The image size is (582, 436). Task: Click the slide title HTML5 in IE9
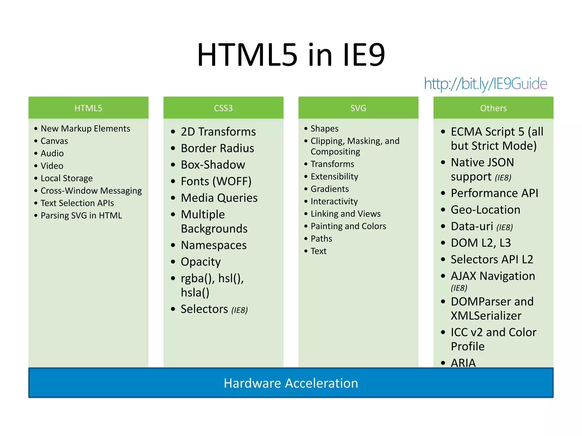coord(291,55)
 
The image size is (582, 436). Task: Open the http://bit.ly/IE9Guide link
coord(485,84)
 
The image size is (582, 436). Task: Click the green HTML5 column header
coord(88,108)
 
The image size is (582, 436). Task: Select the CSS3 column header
coord(223,108)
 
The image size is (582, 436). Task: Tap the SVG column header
coord(358,108)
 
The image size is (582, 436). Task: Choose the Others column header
coord(493,108)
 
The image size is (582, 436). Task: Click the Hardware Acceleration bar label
coord(291,383)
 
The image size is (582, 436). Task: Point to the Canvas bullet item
coord(54,141)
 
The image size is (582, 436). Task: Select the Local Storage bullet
coord(66,178)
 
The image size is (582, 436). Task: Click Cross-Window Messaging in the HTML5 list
coord(91,191)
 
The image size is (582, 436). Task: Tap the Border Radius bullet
coord(217,148)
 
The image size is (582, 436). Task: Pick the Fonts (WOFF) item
coord(216,181)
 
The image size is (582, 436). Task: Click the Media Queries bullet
coord(219,198)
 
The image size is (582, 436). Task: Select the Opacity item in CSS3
coord(201,262)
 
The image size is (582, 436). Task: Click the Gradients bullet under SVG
coord(330,189)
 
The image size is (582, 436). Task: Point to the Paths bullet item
coord(321,239)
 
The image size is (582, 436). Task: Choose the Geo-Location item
coord(485,210)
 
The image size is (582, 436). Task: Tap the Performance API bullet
coord(494,193)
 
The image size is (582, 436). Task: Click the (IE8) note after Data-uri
coord(505,227)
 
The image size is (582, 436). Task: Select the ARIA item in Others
coord(463,362)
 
